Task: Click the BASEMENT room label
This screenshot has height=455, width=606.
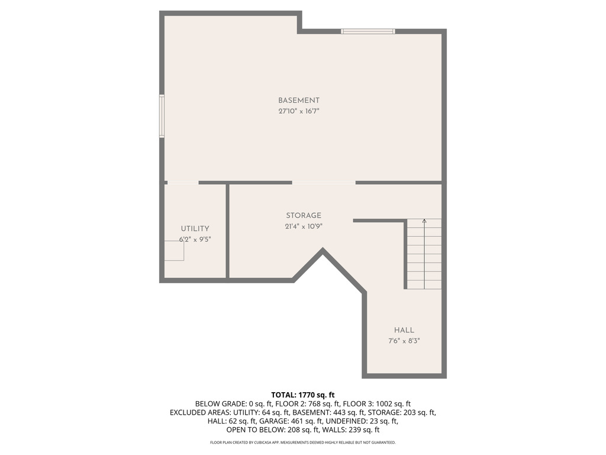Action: click(x=299, y=101)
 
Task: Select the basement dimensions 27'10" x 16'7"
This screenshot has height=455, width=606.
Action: click(x=299, y=111)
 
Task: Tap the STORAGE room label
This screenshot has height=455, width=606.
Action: click(x=304, y=216)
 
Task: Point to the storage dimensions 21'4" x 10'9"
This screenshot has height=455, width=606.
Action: click(x=304, y=226)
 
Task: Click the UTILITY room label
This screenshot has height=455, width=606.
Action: click(x=195, y=229)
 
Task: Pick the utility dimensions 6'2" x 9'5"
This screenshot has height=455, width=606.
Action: click(x=195, y=240)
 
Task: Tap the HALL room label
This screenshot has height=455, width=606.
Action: click(x=404, y=330)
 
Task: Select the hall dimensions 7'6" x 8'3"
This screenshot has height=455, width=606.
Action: click(x=404, y=341)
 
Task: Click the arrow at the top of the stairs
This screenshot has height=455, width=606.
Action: click(x=424, y=222)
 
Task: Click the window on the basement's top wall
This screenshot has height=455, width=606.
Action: click(x=368, y=31)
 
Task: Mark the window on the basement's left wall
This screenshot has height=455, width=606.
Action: click(x=162, y=116)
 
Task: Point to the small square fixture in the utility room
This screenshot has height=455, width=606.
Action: click(x=174, y=251)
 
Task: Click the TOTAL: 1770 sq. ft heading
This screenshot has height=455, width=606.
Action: click(x=303, y=395)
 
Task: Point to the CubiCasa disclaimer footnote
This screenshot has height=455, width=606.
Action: click(x=303, y=443)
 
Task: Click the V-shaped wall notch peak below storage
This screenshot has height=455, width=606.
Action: click(x=323, y=251)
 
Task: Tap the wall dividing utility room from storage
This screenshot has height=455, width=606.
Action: click(x=227, y=231)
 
